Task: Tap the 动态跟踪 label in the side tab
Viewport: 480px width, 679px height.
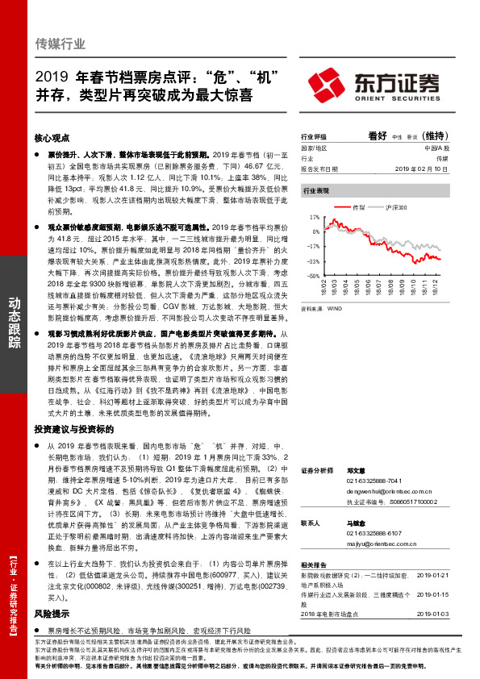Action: (14, 323)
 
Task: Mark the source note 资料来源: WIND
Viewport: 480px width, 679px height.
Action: (322, 307)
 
